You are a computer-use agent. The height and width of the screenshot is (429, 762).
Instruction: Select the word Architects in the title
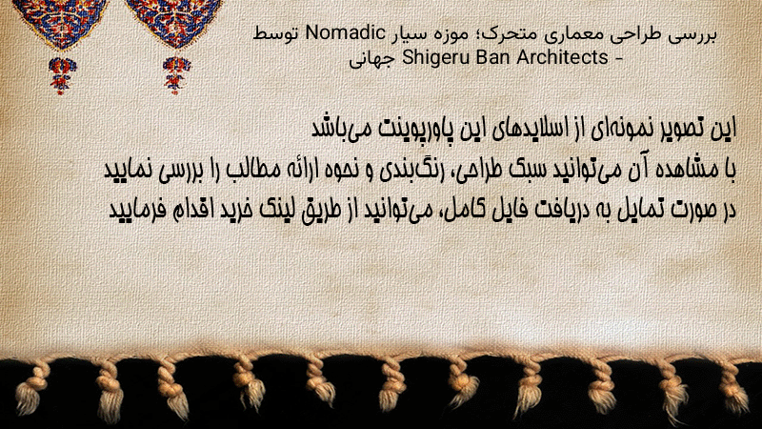[562, 57]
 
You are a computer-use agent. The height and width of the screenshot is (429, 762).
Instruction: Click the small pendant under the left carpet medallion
[62, 75]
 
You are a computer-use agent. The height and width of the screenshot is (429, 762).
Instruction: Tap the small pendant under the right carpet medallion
[176, 74]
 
